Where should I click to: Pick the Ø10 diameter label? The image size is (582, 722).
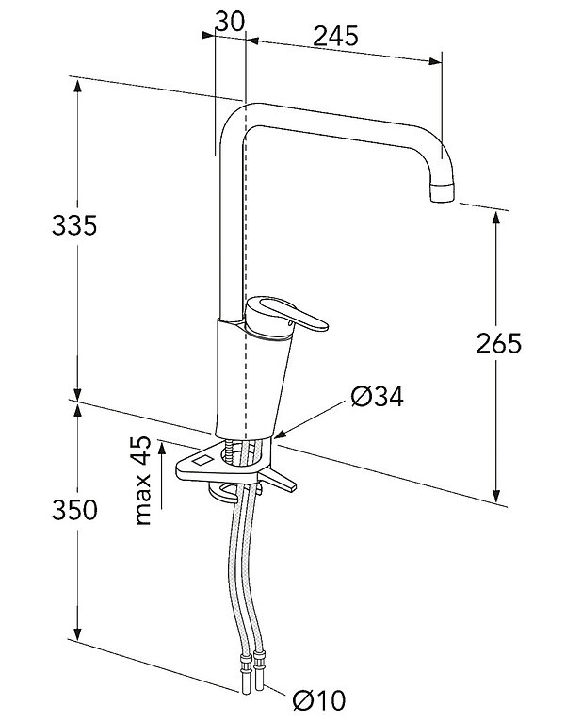(318, 700)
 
